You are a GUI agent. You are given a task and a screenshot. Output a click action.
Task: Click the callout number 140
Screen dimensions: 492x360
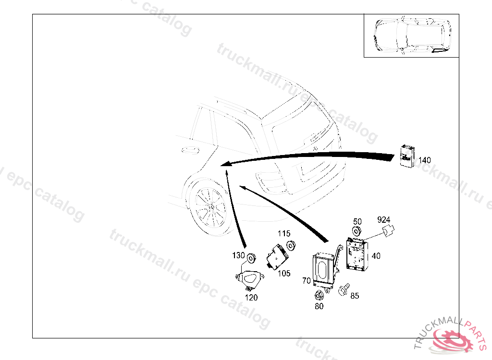pos(425,160)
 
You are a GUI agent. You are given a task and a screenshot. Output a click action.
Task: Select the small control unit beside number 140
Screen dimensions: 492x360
pos(407,156)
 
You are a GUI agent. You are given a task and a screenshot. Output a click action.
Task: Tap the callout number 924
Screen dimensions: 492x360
pos(383,219)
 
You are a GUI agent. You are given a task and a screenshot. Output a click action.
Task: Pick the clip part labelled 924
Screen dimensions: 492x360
pos(388,230)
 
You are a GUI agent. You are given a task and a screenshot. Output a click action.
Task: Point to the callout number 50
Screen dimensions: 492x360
pos(357,222)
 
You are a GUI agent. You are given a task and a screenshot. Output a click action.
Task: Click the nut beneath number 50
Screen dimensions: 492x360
pos(357,231)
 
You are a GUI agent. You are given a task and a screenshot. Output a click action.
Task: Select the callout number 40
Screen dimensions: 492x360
pos(376,256)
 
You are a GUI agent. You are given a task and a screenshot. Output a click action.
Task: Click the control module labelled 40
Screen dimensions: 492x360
pos(357,254)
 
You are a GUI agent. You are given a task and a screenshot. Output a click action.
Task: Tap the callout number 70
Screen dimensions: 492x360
pos(307,281)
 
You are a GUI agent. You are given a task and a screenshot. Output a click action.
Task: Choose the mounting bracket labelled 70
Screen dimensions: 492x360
pos(326,269)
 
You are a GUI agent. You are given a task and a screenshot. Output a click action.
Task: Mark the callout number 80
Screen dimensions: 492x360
pos(319,306)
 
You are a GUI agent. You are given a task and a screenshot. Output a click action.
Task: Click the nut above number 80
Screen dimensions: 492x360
pos(319,296)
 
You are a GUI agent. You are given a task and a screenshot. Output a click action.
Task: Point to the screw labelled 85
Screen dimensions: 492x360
pos(344,289)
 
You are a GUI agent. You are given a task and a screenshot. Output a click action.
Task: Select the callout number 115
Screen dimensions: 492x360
pos(284,234)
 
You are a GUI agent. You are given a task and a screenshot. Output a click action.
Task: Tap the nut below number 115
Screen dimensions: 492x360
pos(292,246)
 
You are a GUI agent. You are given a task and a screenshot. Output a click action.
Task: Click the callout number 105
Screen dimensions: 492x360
pos(284,274)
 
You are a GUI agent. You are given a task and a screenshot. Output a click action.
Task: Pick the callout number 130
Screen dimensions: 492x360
pos(238,255)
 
